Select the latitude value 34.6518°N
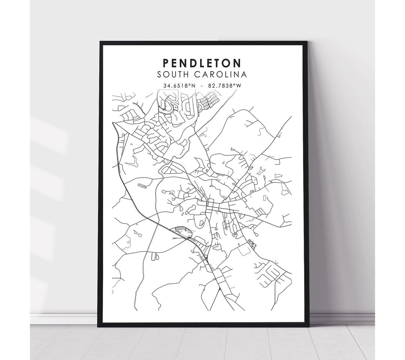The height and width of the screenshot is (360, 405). [x=179, y=86]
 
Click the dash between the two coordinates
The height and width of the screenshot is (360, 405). [x=202, y=86]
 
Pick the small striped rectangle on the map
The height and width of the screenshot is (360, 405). [x=141, y=185]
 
